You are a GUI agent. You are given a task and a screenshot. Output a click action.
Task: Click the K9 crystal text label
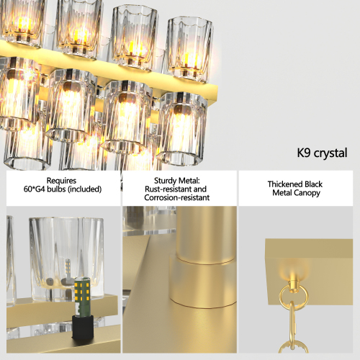(322, 153)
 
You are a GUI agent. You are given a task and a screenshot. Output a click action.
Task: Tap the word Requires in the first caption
(61, 181)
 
